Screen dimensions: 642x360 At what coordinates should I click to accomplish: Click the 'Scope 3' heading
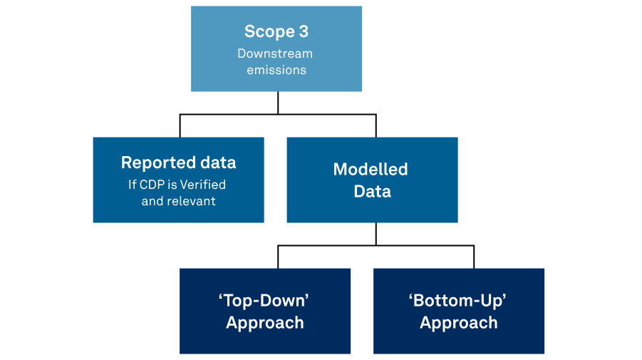276,31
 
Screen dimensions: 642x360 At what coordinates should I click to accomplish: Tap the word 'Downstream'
275,53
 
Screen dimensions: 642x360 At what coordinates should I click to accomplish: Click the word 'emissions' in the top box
276,70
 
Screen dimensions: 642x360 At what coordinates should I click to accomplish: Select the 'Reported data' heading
179,163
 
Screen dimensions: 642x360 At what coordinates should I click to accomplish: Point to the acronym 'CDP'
152,185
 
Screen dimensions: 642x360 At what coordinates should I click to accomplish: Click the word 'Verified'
203,185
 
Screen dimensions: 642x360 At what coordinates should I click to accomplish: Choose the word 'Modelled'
371,169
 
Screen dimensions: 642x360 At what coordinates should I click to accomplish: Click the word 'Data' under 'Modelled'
372,191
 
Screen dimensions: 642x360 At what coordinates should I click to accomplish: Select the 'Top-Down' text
264,300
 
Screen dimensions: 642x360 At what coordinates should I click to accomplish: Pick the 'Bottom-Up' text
457,300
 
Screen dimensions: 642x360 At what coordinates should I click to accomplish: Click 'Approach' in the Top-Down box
265,323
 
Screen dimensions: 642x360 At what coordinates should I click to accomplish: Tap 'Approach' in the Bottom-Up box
459,323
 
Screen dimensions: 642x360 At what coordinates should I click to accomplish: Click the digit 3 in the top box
304,31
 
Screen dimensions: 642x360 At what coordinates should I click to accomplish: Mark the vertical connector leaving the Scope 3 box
278,103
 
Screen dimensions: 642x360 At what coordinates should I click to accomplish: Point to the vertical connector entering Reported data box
180,125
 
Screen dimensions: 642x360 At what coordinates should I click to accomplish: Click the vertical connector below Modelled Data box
376,235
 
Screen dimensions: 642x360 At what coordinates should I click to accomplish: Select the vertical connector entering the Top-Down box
278,257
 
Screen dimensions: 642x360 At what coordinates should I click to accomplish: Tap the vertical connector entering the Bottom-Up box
474,257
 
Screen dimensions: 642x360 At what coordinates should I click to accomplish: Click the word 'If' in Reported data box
132,185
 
